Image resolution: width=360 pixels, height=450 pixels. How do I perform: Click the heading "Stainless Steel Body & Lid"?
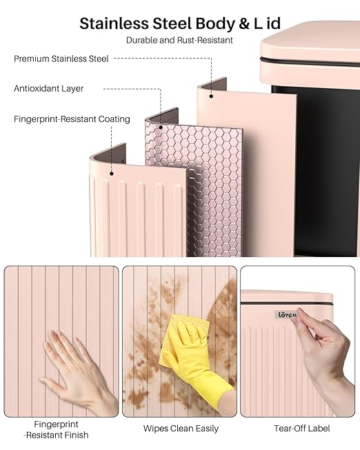click(x=180, y=23)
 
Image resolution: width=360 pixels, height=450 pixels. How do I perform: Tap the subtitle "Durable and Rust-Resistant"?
click(x=179, y=40)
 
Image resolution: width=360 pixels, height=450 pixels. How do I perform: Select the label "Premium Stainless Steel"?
click(x=61, y=59)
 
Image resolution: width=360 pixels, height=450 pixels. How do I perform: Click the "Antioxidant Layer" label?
click(x=48, y=88)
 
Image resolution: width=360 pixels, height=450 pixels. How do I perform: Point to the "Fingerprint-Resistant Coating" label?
click(x=72, y=119)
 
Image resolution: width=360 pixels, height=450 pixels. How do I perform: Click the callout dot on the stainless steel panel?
click(x=211, y=96)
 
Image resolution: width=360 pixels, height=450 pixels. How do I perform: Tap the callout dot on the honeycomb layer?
click(x=161, y=127)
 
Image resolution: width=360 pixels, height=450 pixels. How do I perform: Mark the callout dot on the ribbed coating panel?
click(x=112, y=174)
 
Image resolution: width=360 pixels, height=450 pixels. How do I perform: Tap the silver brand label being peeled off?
click(x=286, y=315)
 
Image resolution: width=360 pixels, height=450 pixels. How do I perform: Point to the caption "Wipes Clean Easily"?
click(x=181, y=429)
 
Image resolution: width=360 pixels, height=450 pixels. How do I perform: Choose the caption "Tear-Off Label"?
click(x=301, y=429)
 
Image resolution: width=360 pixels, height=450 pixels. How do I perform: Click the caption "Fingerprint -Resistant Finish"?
click(x=57, y=429)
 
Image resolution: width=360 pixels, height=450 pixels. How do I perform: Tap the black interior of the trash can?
click(x=328, y=172)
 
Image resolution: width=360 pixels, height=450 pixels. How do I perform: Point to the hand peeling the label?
click(x=325, y=356)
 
